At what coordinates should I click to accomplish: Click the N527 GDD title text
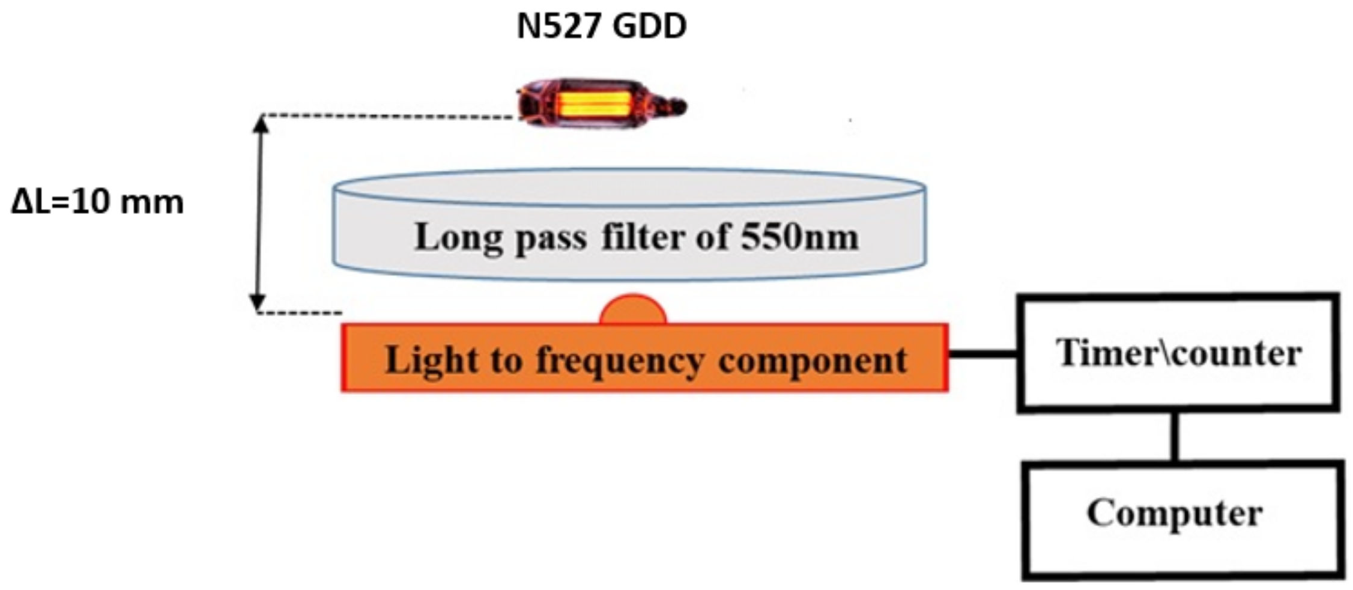[x=601, y=27]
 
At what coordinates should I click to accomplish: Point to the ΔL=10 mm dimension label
[x=97, y=202]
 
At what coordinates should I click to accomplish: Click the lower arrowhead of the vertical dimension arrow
[x=258, y=303]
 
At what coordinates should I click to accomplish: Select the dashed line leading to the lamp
[x=390, y=117]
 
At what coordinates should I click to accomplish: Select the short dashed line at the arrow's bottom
[x=300, y=313]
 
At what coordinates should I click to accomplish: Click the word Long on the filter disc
[x=458, y=237]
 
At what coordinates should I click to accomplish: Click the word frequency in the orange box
[x=619, y=360]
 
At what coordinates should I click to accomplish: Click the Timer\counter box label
[x=1178, y=353]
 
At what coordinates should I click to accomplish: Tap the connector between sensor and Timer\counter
[x=982, y=354]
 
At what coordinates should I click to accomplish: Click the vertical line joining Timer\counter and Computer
[x=1175, y=437]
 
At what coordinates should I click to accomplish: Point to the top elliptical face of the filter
[x=629, y=187]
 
